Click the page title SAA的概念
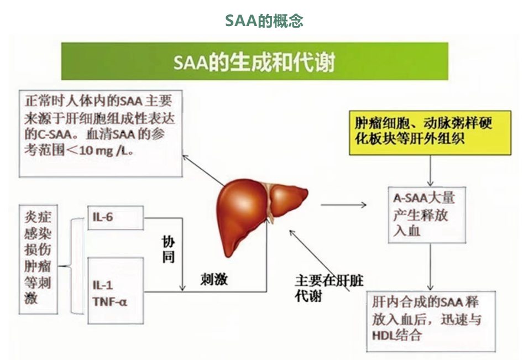[264, 21]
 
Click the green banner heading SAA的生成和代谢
[254, 62]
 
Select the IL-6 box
[116, 218]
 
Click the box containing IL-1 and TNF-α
[116, 291]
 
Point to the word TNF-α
[110, 302]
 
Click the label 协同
[169, 249]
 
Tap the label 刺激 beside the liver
[214, 279]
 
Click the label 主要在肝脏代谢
[329, 288]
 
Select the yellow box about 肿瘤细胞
[430, 133]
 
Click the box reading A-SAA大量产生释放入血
[427, 215]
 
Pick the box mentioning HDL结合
[431, 322]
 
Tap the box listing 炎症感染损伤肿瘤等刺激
[38, 259]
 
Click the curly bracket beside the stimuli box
[71, 266]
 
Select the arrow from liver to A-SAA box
[343, 205]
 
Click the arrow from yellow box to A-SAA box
[430, 171]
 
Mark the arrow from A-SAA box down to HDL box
[430, 267]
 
